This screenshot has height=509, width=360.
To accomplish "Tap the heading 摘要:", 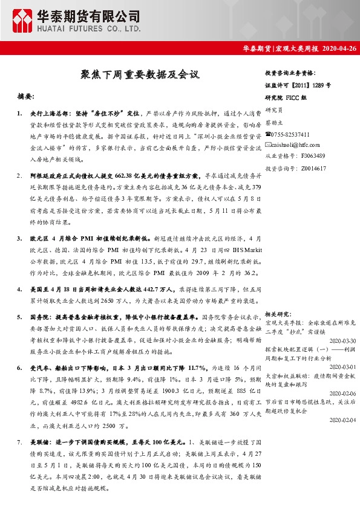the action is coord(27,96).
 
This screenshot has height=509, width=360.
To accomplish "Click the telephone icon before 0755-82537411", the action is coord(269,134).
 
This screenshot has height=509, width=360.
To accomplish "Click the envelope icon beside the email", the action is coord(269,144).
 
